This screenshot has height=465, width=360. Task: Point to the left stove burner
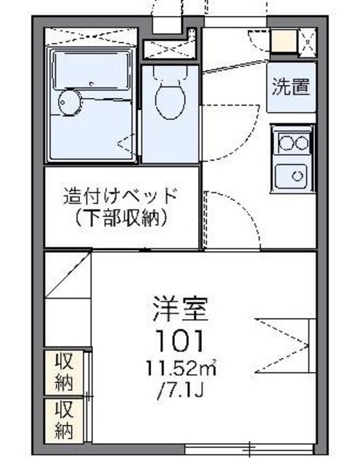coord(286,142)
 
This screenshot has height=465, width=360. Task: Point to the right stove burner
coord(302,142)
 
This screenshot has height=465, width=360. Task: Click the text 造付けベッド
coord(120,196)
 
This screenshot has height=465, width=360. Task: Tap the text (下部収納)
coord(120,217)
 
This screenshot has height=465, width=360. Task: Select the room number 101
coord(179,339)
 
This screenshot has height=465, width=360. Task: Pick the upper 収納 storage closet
coord(64,372)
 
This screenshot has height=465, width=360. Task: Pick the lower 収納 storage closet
coord(64,419)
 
